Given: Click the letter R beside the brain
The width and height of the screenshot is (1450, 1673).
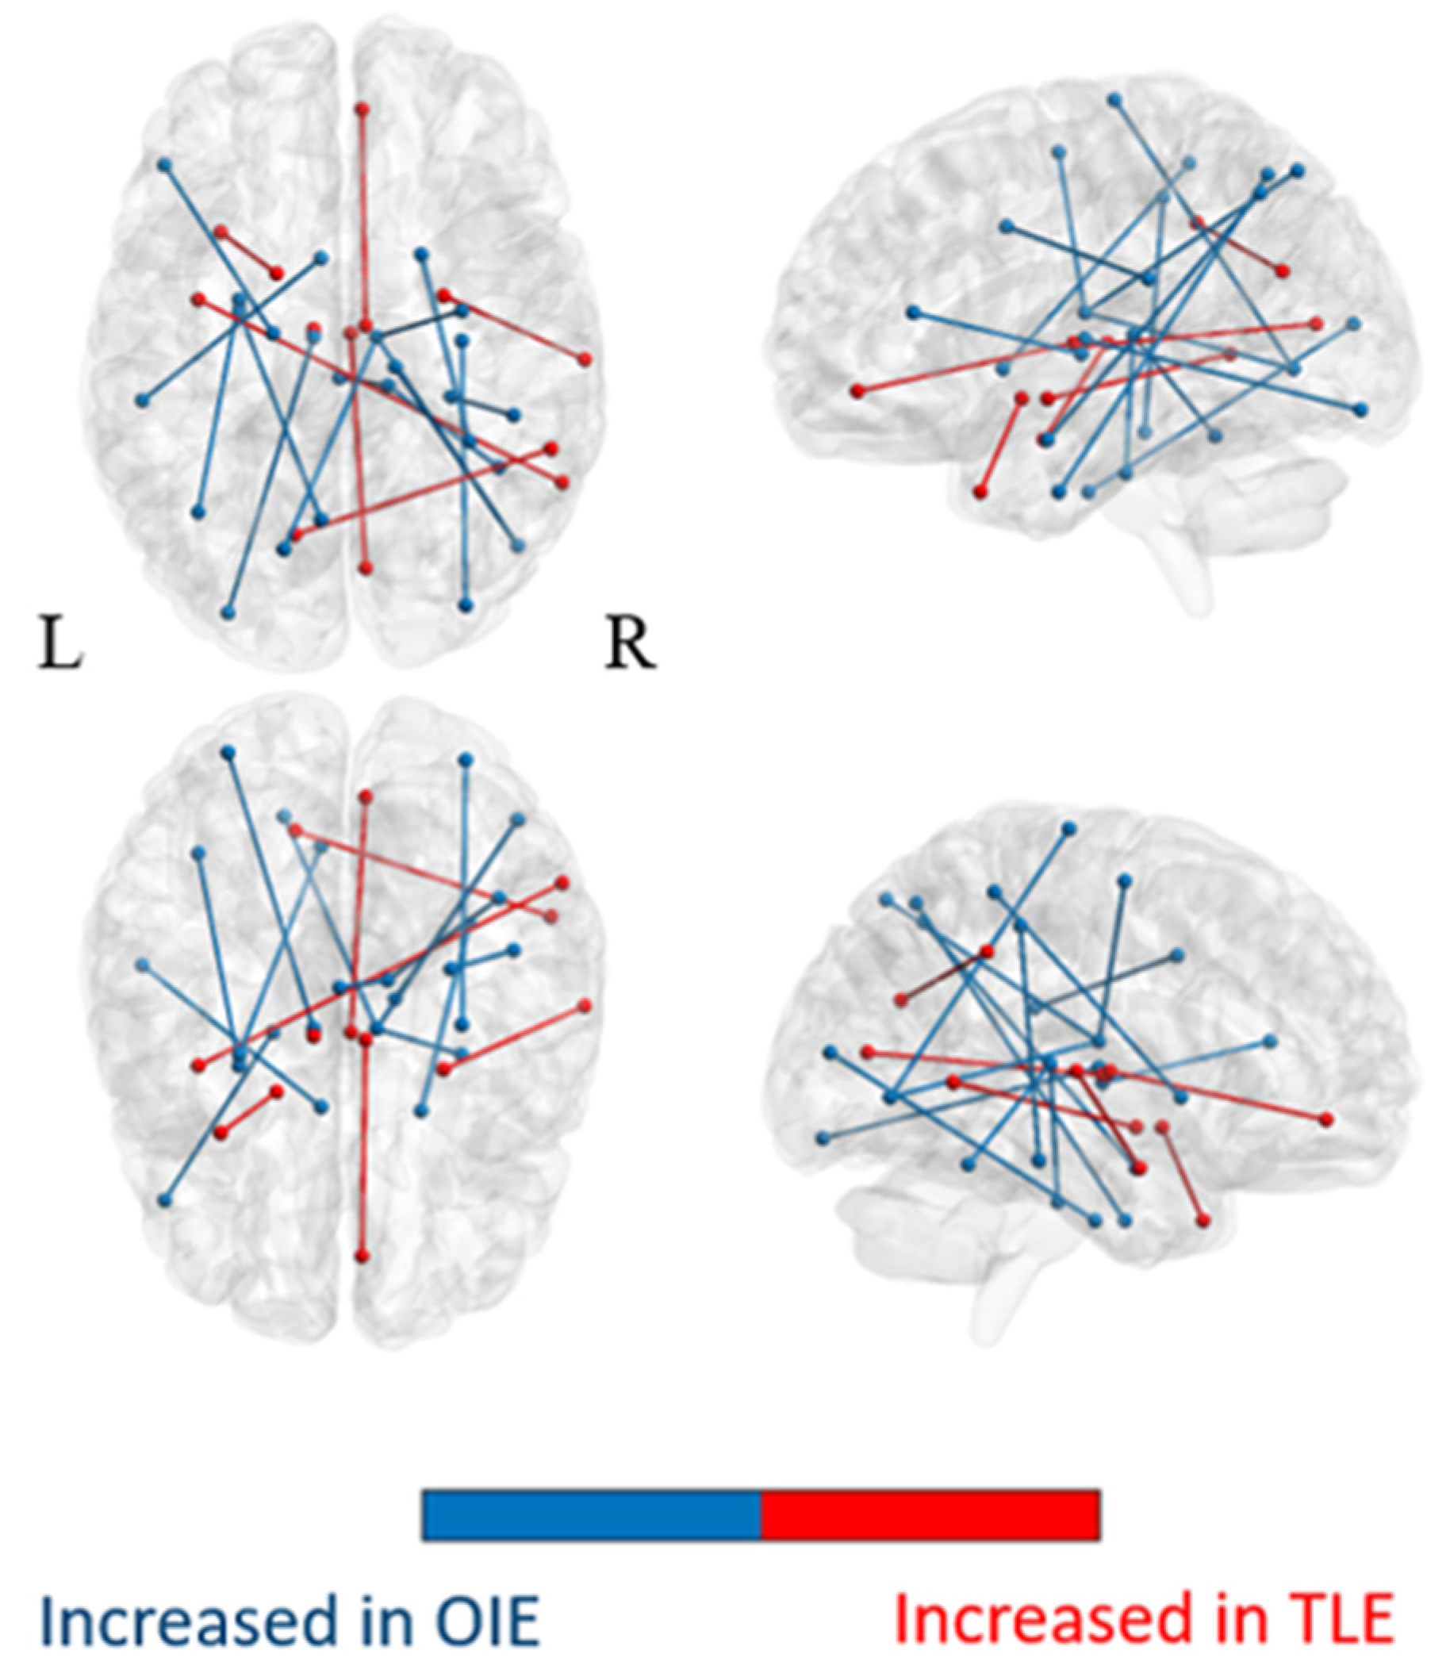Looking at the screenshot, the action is (631, 646).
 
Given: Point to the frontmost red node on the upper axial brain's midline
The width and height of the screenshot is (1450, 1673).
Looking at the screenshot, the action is (363, 108).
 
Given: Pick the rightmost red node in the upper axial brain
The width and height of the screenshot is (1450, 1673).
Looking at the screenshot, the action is (585, 359).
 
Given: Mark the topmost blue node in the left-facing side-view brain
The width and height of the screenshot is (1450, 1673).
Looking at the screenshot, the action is (1116, 98).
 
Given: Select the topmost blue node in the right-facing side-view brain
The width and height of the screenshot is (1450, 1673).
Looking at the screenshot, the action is (1069, 827).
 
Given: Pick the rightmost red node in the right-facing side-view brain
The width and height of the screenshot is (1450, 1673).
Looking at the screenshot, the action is (1325, 1119).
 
